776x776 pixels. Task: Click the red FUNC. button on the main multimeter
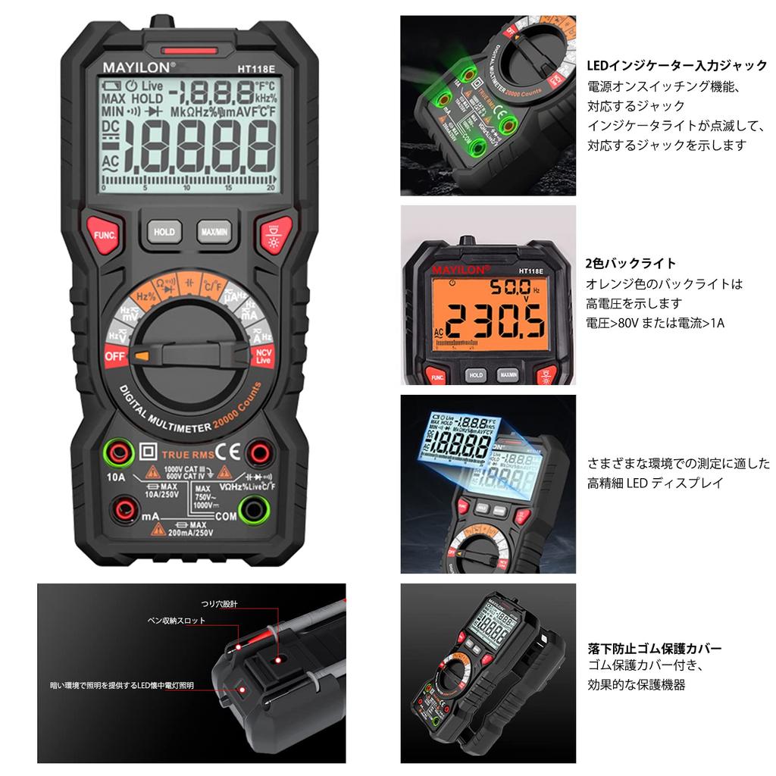click(x=102, y=233)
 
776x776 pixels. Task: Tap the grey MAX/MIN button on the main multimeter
click(x=215, y=231)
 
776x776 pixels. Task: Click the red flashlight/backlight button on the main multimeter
click(x=271, y=233)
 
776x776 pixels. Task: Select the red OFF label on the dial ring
click(x=114, y=354)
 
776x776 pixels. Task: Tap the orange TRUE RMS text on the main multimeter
click(x=185, y=455)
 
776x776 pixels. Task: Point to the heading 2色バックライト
click(x=630, y=264)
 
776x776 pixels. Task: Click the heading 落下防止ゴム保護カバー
click(x=654, y=649)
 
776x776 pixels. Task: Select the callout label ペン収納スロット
click(x=176, y=620)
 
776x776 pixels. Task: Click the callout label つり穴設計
click(x=220, y=603)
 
